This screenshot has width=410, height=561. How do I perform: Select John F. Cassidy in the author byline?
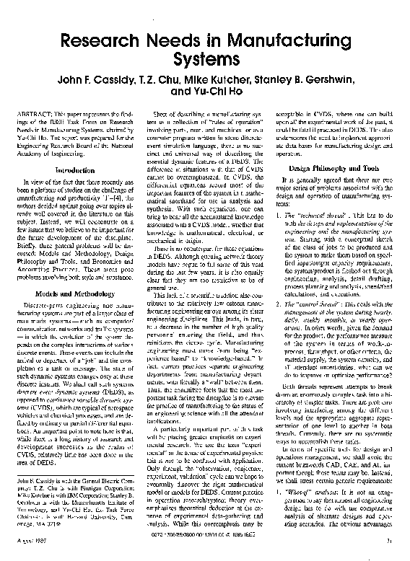108,79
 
